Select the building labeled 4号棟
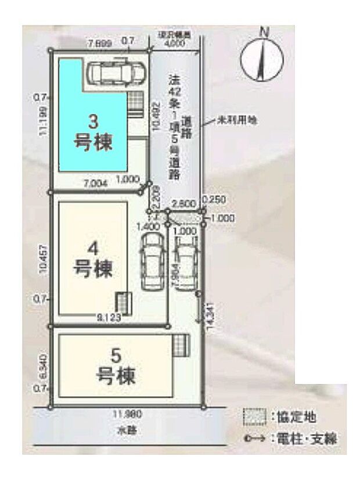(93, 259)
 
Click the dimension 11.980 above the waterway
(127, 414)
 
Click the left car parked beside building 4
(152, 260)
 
